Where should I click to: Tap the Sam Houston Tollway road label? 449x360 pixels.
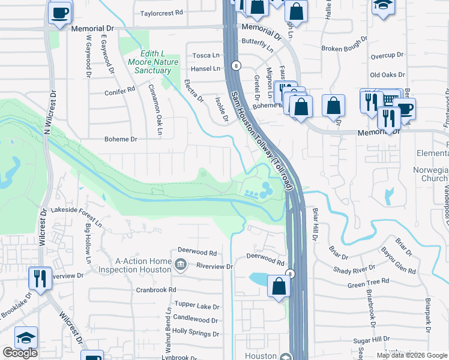[261, 140]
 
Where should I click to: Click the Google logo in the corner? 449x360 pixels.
[20, 353]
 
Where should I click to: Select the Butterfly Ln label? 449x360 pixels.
[257, 41]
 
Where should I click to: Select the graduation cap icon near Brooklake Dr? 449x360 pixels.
[26, 338]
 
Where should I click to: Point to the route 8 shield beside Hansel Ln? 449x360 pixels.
[238, 65]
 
